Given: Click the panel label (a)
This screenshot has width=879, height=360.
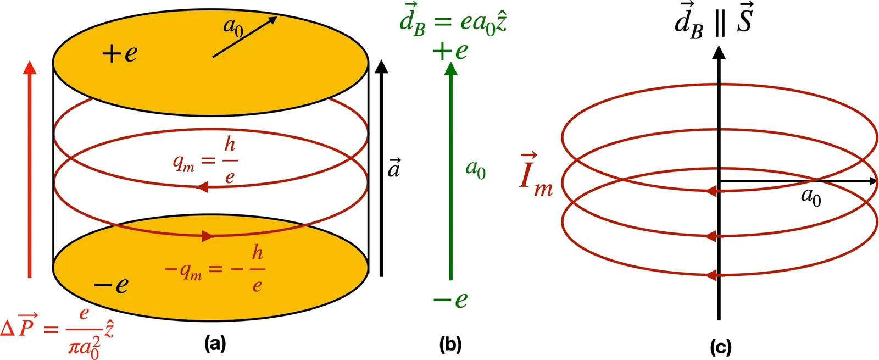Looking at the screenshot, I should click(214, 344).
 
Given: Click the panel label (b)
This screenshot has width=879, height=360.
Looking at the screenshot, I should click(450, 344).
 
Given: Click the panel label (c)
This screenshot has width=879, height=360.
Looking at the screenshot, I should click(720, 347).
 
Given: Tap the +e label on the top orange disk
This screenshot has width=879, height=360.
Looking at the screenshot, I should click(119, 54).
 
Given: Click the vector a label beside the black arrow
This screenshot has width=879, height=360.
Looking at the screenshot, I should click(394, 168).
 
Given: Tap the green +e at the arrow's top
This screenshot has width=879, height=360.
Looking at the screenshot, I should click(450, 51).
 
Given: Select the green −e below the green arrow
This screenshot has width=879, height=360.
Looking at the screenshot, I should click(450, 300).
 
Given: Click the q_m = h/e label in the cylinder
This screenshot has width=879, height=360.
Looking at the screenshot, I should click(205, 160).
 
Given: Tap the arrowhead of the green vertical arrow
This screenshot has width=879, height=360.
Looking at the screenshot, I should click(450, 68).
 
